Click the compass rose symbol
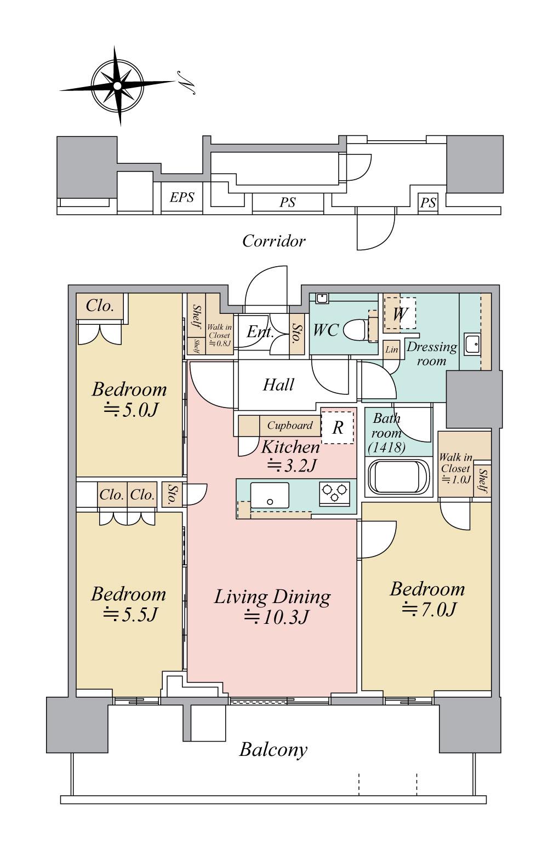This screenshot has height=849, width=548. tap(118, 86)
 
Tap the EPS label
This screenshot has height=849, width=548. tap(181, 198)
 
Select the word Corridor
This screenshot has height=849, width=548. tap(274, 241)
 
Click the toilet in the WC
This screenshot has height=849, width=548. tap(357, 329)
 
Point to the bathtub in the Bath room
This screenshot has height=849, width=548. tap(398, 476)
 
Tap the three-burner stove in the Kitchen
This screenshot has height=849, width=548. tap(334, 493)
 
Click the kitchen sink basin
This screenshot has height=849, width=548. tap(270, 495)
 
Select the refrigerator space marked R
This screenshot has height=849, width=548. tap(338, 428)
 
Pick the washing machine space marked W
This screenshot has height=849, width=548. tap(400, 313)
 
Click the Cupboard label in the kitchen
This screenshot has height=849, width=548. tap(290, 425)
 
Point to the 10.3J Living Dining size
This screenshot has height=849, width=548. tap(275, 617)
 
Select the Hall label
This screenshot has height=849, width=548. tap(278, 385)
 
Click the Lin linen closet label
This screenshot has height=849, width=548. tap(391, 349)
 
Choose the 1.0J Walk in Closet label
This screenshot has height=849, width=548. tap(455, 468)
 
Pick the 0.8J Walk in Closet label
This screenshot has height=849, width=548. tap(220, 335)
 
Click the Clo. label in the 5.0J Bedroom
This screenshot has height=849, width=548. tap(100, 306)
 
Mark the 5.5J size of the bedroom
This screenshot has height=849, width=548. tap(130, 615)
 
